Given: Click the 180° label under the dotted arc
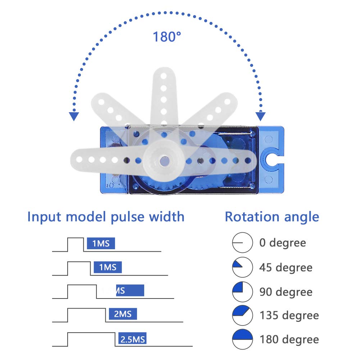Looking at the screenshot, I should (167, 37).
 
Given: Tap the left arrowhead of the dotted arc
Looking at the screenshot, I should (74, 116).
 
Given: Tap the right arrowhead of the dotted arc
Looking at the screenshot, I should (260, 116).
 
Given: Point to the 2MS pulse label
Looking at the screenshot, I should (123, 314).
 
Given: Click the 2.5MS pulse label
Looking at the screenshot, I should (132, 339).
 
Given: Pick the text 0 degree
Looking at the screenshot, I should (283, 243).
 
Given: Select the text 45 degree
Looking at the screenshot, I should (286, 268).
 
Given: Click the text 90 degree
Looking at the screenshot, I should (286, 292).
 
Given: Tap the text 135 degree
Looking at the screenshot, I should (289, 315).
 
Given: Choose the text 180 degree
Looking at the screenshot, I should (289, 339).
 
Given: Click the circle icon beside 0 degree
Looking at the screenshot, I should (242, 243).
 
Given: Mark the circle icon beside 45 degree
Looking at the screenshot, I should (242, 268).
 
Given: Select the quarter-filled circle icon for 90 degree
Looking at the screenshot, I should (242, 292).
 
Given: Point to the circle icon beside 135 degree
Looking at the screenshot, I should (242, 315).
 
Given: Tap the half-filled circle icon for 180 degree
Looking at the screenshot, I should (242, 339).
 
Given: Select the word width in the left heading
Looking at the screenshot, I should (167, 217).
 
